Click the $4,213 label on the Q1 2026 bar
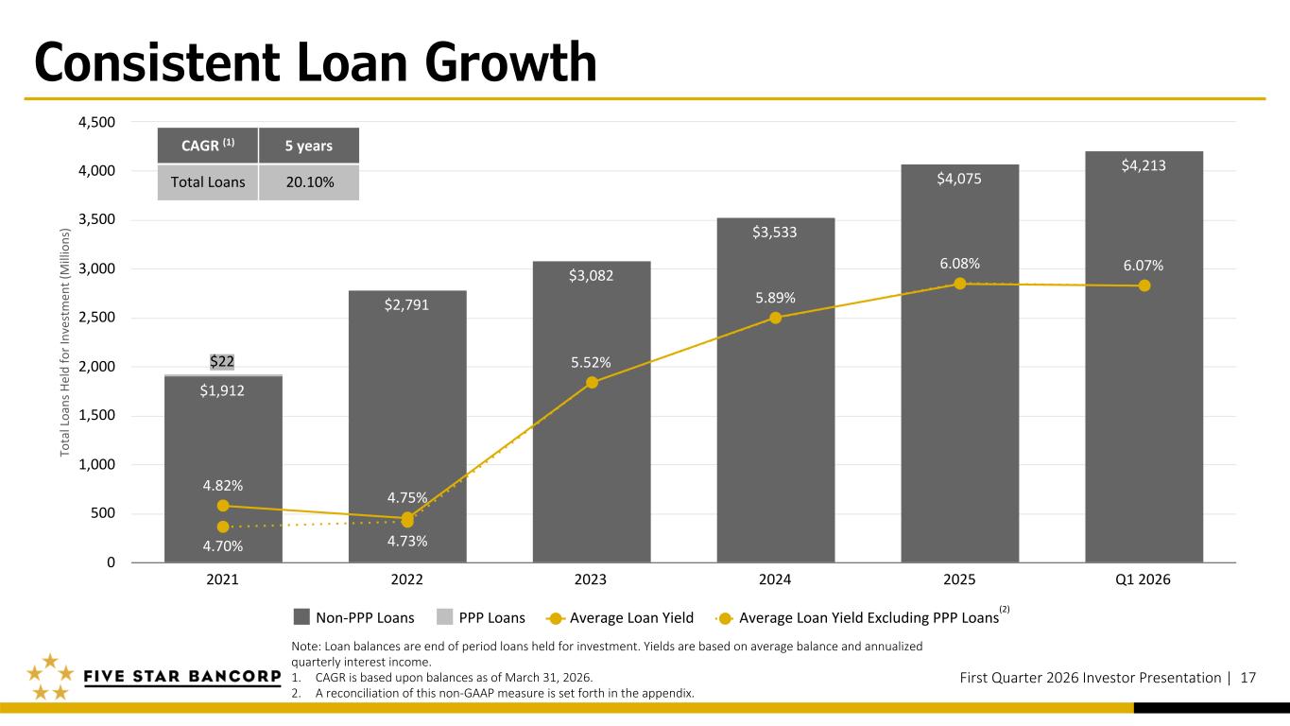pos(1144,166)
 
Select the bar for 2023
pos(592,425)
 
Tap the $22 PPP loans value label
pos(223,361)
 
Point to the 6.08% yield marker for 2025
pos(959,284)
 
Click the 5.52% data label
pos(591,362)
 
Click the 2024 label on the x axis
pos(775,579)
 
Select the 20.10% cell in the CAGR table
pos(308,181)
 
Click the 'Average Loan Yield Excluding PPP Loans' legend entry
pos(868,618)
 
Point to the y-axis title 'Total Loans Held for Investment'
pos(65,342)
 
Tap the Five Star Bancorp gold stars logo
pos(47,677)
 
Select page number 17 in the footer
pos(1247,677)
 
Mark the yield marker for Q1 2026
pos(1144,285)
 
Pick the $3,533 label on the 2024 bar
pos(775,232)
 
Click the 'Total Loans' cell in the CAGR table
pos(207,181)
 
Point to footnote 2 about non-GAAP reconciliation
pos(491,692)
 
